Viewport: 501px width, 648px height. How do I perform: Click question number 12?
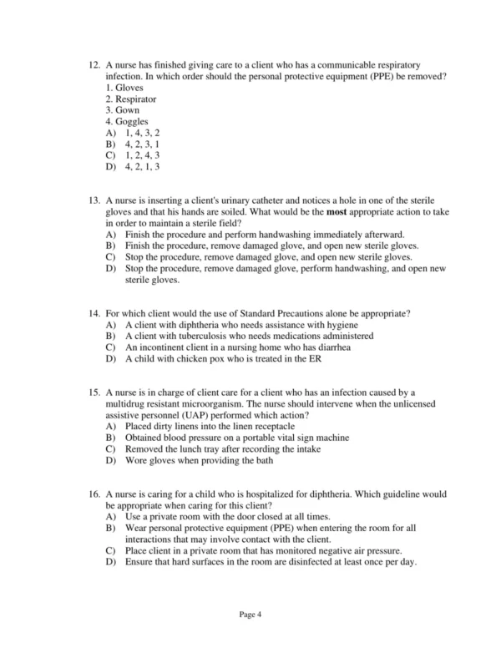94,64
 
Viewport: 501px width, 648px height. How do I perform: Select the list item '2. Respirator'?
131,99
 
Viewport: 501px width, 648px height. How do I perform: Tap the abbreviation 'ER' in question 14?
314,358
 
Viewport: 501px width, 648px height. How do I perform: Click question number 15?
94,392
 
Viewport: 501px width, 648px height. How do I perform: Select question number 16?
94,494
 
